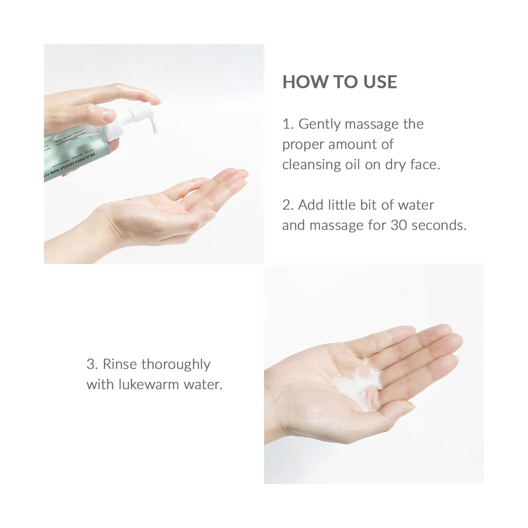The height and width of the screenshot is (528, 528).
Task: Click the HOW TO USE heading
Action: (x=340, y=82)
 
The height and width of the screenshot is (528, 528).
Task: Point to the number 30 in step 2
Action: (x=399, y=225)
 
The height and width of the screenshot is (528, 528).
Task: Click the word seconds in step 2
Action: (x=439, y=225)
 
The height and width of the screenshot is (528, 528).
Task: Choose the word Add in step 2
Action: (x=311, y=205)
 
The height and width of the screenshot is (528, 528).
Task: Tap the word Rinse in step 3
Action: (x=120, y=365)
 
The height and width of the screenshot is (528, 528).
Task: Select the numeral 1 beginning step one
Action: (x=287, y=124)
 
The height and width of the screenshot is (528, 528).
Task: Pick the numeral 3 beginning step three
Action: (x=91, y=365)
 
